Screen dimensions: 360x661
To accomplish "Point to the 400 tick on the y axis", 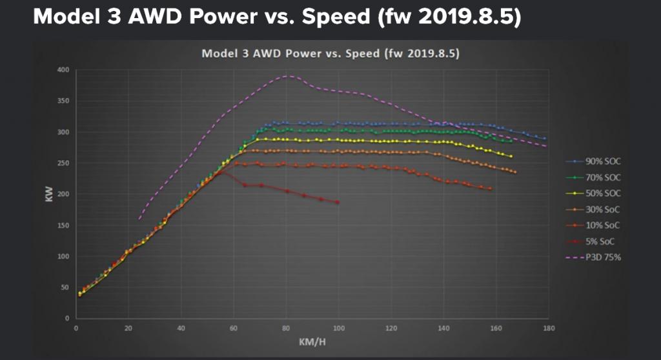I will tap(62, 70).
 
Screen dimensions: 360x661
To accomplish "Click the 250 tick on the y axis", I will tap(62, 163).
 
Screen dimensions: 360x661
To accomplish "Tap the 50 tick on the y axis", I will tap(64, 287).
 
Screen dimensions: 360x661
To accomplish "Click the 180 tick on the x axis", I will tap(547, 328).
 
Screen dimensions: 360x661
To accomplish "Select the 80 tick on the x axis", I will tap(285, 328).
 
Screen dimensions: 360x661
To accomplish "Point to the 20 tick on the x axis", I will tap(128, 328).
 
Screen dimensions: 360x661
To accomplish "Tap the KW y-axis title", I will tap(49, 194).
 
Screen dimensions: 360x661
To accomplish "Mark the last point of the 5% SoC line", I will tap(337, 203).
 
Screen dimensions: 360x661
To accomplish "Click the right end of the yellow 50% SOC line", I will tap(511, 156).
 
